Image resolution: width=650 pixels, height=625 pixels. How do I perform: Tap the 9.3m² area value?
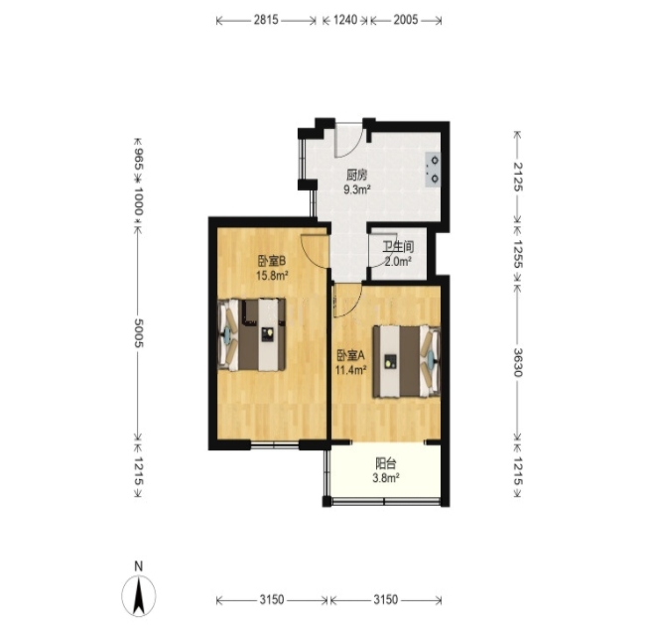tap(357, 189)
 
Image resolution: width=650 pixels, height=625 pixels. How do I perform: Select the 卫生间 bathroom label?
tap(398, 247)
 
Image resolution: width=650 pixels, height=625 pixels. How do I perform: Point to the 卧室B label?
tap(272, 261)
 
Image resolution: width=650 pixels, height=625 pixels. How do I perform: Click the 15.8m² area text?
tap(272, 275)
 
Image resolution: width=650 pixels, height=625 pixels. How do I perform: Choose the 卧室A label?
tap(350, 355)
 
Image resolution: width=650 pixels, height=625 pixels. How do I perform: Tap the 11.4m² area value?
tap(350, 370)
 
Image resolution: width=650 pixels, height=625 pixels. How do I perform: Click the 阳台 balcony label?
tap(386, 463)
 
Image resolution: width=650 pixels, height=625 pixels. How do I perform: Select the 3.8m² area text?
tap(386, 478)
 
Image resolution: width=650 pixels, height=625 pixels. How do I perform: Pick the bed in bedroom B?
tap(252, 334)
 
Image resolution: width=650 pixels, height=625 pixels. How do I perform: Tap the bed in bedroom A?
tap(406, 361)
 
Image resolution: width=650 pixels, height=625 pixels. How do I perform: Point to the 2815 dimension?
tap(266, 20)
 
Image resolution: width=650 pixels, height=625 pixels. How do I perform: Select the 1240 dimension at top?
tap(345, 20)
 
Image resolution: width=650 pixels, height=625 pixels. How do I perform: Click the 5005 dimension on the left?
tap(139, 332)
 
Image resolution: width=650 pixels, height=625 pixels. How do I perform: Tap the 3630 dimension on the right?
tap(518, 362)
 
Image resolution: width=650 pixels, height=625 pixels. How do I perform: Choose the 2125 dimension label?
tap(518, 177)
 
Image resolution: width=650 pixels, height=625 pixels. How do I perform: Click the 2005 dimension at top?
tap(406, 20)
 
